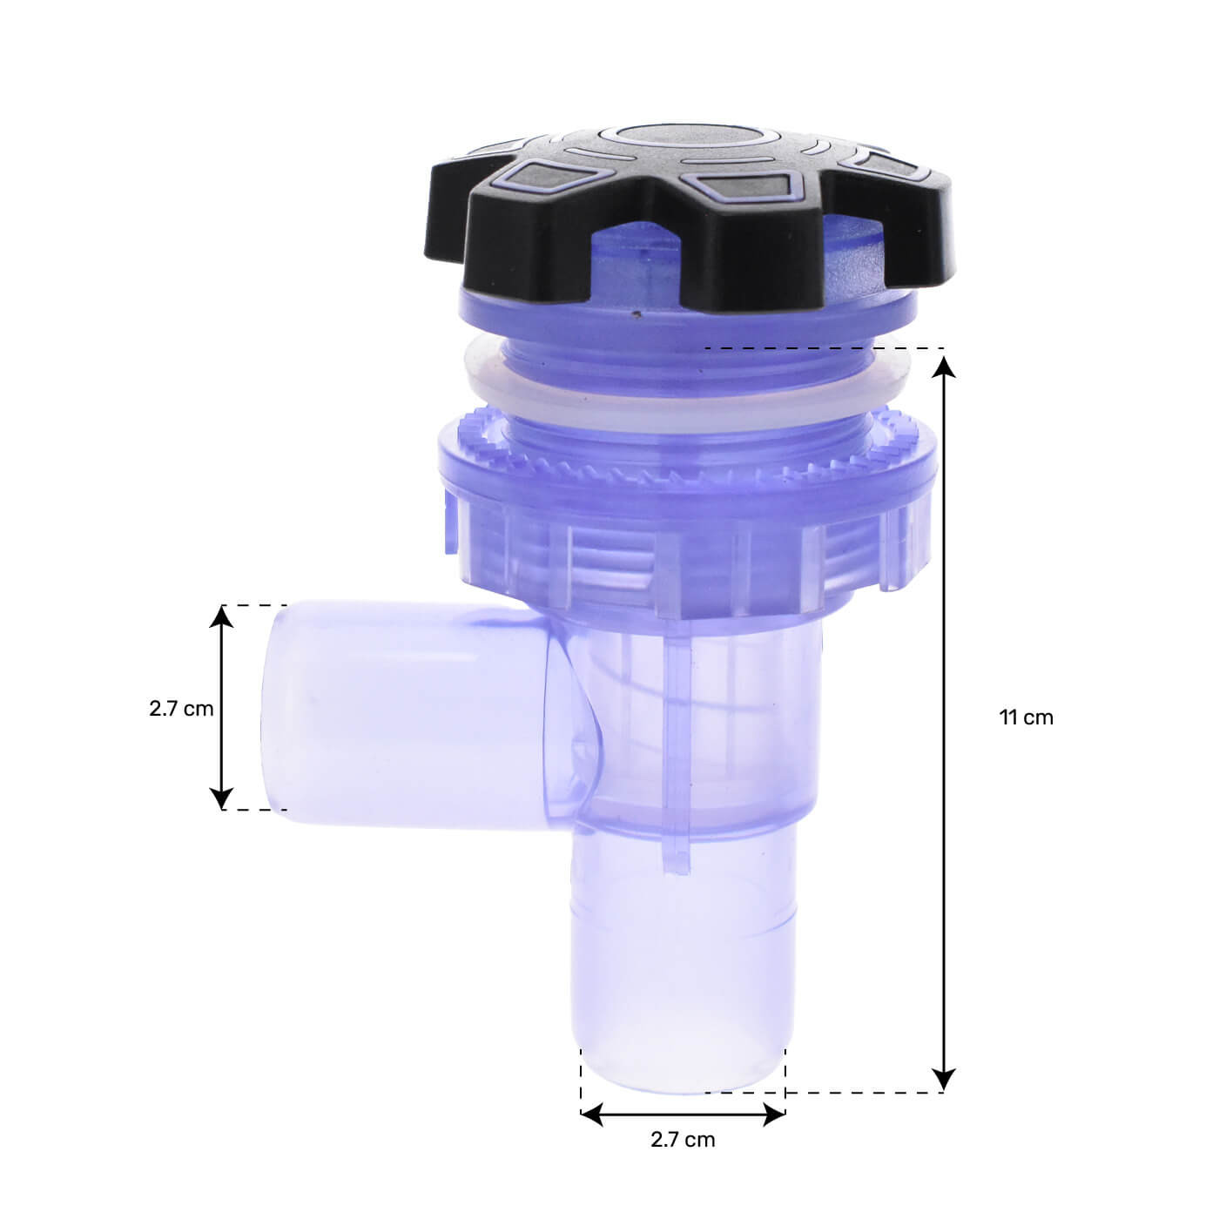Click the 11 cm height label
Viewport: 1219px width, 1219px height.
(x=1026, y=717)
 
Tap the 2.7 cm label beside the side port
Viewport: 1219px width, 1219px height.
(x=181, y=708)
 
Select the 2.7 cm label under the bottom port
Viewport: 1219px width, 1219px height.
(x=683, y=1139)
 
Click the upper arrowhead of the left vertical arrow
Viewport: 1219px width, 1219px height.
(x=222, y=616)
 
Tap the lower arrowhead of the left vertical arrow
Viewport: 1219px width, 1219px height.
(x=222, y=797)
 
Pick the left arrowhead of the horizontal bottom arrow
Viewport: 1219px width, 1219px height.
(x=593, y=1114)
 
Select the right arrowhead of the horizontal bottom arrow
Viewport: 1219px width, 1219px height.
(x=774, y=1114)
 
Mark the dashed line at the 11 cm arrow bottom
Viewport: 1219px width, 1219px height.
(x=862, y=1092)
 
